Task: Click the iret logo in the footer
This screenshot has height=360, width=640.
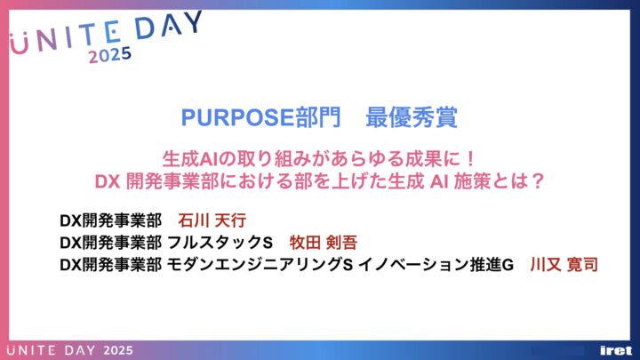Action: point(616,350)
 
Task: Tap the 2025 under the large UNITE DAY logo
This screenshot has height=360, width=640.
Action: point(110,55)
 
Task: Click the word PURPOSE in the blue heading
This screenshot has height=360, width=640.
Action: point(237,117)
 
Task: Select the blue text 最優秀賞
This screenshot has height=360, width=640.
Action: point(412,117)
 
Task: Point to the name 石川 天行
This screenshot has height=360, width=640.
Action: point(212,220)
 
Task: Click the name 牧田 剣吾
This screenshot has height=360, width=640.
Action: point(324,243)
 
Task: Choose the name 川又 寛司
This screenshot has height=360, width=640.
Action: point(564,265)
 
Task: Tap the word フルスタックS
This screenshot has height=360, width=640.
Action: point(220,243)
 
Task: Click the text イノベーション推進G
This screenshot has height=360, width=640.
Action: point(436,265)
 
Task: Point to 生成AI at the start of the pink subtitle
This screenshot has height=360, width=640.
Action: point(190,159)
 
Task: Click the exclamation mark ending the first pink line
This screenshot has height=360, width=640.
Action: point(470,159)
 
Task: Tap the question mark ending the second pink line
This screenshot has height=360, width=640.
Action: point(539,181)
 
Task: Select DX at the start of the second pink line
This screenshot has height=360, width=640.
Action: point(108,181)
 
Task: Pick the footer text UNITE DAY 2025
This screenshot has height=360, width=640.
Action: point(70,350)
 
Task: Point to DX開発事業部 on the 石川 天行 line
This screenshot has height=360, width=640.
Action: point(110,220)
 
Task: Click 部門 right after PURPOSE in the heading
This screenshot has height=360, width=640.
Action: point(317,117)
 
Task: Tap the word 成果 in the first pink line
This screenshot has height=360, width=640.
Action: point(422,159)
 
